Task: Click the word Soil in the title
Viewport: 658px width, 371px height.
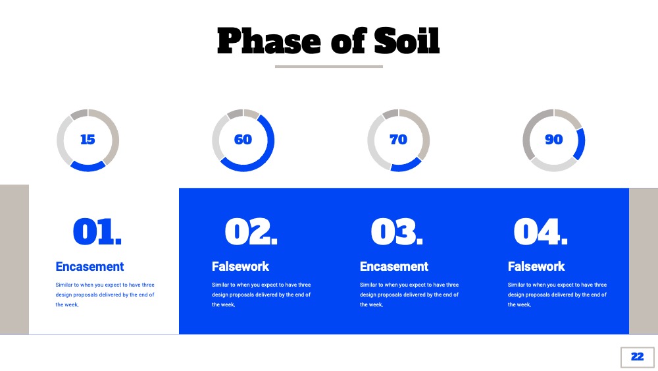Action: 407,41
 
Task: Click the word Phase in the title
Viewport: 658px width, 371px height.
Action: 269,41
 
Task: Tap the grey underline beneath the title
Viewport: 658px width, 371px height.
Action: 329,67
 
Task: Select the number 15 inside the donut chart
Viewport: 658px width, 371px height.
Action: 88,139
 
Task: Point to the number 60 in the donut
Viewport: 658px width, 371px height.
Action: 243,139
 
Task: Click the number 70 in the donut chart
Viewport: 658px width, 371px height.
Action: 398,139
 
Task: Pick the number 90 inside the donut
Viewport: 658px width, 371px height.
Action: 553,139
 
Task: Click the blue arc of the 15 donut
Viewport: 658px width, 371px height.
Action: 88,167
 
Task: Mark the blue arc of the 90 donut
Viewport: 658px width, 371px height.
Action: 581,144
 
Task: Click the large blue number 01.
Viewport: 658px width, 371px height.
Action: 97,231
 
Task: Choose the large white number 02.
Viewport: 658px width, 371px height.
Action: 251,231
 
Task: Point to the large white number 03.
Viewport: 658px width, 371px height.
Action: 397,231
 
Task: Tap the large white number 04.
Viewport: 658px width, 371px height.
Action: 540,231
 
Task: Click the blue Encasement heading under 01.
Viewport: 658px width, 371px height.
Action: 89,266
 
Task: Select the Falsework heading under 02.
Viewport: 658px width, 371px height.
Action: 240,266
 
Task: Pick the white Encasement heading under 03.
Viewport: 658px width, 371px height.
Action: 394,266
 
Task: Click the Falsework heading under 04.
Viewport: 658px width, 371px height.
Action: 536,266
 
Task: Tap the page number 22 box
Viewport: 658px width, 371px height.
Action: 637,357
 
